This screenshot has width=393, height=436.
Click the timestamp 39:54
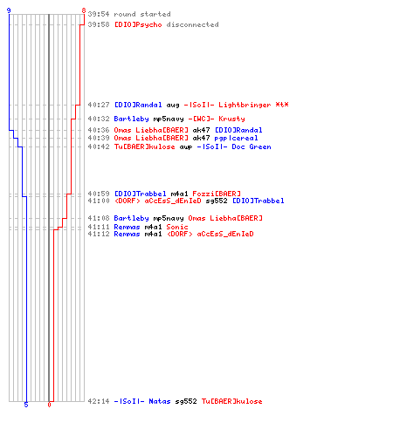(99, 14)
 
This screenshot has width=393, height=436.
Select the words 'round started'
(142, 14)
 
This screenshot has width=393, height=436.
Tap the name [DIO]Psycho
(138, 24)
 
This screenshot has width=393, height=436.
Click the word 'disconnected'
(192, 24)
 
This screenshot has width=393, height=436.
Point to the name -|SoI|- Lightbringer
(227, 105)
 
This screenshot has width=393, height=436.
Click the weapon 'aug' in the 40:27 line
(173, 106)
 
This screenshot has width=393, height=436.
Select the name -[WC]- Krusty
(217, 119)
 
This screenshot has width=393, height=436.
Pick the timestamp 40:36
(99, 130)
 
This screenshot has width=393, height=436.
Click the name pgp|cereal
(236, 138)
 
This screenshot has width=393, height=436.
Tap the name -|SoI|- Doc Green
(234, 146)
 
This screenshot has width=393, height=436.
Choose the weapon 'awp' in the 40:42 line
(186, 147)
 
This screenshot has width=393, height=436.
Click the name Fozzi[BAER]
(217, 194)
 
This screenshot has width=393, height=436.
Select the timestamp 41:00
(99, 201)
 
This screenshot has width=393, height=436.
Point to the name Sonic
(177, 227)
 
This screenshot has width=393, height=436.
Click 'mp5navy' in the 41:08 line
(169, 218)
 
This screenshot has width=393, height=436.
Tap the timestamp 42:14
(99, 401)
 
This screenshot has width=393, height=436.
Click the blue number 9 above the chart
(9, 10)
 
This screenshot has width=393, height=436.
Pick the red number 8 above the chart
(84, 10)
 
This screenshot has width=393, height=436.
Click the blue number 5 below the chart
(26, 405)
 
